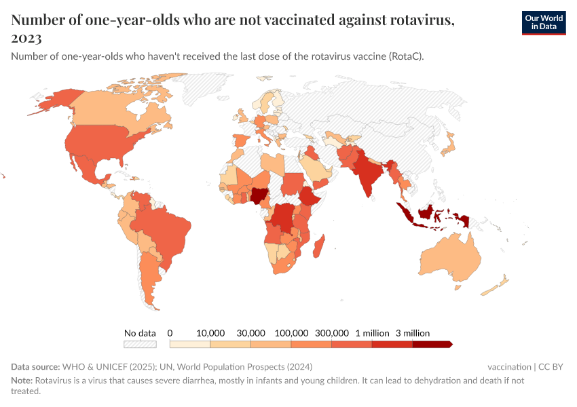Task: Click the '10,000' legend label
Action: [210, 333]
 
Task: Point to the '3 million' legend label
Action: [412, 333]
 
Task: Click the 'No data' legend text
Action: [140, 333]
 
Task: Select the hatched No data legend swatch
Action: [140, 344]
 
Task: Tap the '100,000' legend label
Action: [291, 333]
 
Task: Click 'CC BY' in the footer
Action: [551, 367]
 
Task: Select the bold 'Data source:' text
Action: [36, 367]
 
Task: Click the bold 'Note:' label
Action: [22, 381]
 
